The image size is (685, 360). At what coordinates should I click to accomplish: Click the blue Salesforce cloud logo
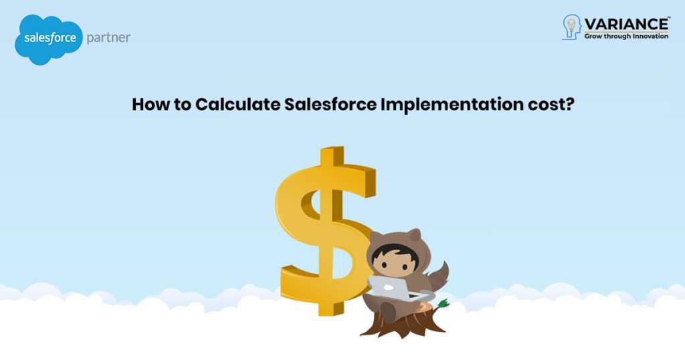[x=48, y=39]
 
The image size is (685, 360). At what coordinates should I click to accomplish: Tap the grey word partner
[x=108, y=37]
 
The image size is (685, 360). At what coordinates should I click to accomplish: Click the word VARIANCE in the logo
[x=626, y=23]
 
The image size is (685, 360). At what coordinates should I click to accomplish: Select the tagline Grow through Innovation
[x=626, y=36]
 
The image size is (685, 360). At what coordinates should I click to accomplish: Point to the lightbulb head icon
[x=571, y=27]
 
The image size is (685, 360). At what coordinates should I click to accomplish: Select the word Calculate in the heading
[x=237, y=104]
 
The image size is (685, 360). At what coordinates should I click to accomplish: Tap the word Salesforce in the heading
[x=330, y=104]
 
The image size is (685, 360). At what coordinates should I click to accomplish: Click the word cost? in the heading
[x=551, y=105]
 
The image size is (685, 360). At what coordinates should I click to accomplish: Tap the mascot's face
[x=395, y=265]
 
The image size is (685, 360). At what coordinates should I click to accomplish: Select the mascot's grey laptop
[x=390, y=288]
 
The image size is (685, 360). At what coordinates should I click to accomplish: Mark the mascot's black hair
[x=395, y=254]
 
